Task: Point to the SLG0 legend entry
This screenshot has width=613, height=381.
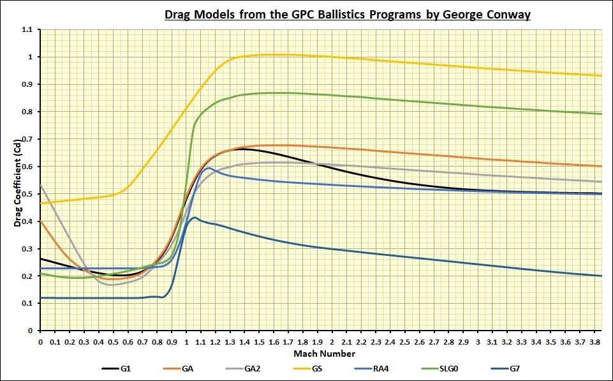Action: pos(457,368)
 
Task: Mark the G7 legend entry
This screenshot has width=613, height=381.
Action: pos(524,368)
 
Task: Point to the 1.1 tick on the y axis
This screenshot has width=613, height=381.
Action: pos(27,30)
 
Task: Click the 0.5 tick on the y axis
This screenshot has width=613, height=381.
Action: pos(27,194)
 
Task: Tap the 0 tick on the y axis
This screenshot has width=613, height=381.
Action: pos(29,331)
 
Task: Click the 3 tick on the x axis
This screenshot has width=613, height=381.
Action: pos(478,343)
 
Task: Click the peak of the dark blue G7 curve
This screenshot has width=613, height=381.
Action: pos(195,218)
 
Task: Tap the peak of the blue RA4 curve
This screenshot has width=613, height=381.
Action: pos(209,168)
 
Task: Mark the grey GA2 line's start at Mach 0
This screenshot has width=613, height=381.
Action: pos(40,184)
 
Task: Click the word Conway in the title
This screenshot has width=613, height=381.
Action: pos(507,14)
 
